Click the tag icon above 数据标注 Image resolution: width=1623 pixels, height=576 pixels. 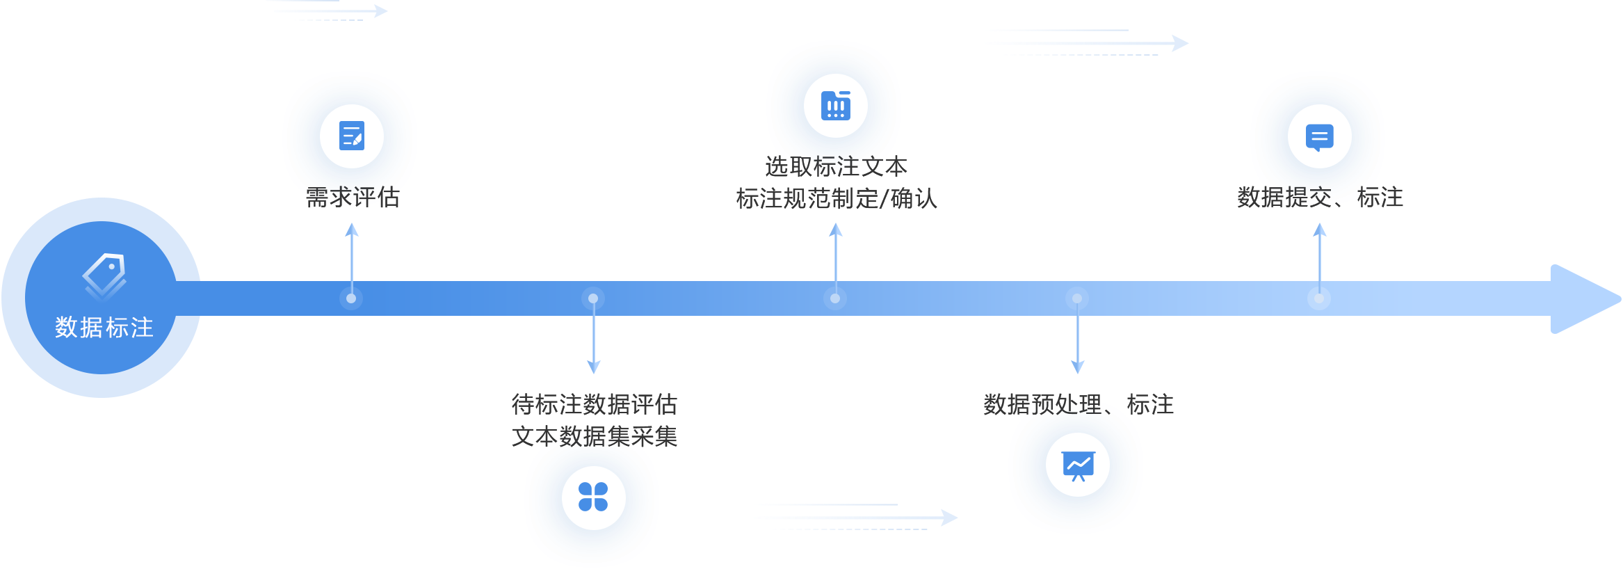tap(104, 275)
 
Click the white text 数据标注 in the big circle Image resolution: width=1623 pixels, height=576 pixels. tap(104, 327)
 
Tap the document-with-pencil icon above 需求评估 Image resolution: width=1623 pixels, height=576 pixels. tap(352, 136)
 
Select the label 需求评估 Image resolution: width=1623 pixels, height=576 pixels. tap(353, 198)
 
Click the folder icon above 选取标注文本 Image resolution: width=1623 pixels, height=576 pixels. tap(836, 106)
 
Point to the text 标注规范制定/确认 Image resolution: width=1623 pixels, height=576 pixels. tap(837, 199)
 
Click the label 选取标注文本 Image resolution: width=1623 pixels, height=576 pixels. tap(837, 167)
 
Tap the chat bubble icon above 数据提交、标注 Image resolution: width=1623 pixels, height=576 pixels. tap(1319, 136)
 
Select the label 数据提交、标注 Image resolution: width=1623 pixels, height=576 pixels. tap(1320, 198)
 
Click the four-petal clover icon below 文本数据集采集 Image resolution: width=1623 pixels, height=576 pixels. tap(593, 497)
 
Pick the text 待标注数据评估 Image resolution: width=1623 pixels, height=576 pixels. tap(595, 404)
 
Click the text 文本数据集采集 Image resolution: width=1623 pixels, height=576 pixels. tap(595, 437)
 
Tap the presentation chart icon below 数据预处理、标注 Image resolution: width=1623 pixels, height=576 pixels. tap(1078, 465)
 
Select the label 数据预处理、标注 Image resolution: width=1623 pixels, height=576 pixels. tap(1079, 404)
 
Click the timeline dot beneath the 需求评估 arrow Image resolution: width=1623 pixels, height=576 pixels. tap(351, 298)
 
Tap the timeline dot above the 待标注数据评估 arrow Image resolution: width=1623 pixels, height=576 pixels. tap(593, 298)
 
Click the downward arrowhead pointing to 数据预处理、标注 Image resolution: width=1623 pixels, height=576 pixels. tap(1078, 367)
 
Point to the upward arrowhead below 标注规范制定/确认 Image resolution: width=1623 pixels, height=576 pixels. tap(836, 230)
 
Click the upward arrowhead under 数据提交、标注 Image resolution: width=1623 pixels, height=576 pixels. tap(1320, 230)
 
